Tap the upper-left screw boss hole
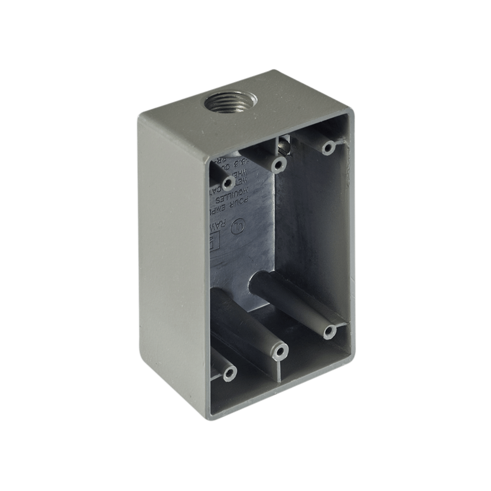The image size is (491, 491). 227,183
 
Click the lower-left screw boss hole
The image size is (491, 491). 228,373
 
